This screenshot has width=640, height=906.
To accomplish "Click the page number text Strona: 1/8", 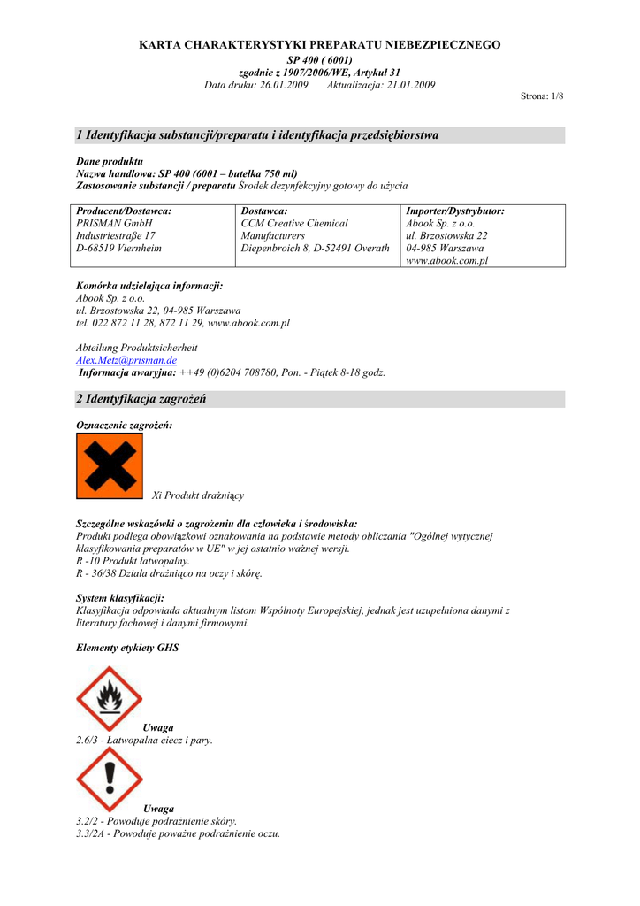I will coord(542,96).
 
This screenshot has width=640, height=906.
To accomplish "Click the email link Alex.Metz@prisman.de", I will coord(126,361).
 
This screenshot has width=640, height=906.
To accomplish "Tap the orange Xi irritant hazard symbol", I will coord(110,466).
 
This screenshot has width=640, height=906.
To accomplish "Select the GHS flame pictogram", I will coord(110,698).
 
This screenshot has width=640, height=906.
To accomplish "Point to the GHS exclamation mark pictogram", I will coord(110,779).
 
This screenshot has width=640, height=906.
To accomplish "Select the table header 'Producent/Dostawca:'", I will coord(124,211).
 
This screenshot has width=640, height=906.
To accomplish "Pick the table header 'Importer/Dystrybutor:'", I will coord(454,211).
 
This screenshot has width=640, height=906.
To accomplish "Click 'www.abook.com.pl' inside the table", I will coord(446,261).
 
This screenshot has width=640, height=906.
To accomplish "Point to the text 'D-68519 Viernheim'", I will coord(119,249).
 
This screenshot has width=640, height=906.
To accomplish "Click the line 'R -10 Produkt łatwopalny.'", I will coord(133,561).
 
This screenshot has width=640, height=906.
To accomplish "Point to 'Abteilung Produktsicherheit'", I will coord(137,349).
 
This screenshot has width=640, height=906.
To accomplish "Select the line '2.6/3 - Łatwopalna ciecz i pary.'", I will coord(145,740).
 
